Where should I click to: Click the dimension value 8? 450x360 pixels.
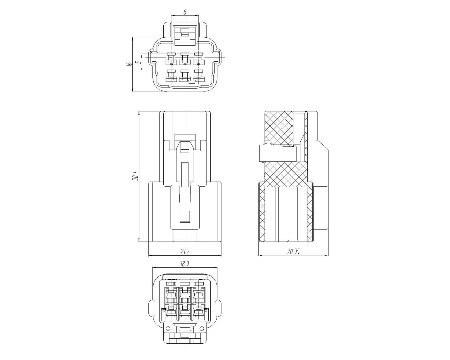point(185,12)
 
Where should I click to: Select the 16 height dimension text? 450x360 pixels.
point(129,64)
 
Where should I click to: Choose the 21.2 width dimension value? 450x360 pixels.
point(185,252)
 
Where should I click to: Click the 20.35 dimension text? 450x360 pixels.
point(293,252)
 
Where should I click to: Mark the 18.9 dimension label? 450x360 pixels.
point(185,264)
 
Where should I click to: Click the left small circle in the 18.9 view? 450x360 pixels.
point(167,328)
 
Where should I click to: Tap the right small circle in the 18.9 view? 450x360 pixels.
point(202,328)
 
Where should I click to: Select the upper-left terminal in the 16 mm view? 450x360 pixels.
point(171,59)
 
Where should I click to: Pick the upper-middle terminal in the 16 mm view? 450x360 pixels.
point(185,59)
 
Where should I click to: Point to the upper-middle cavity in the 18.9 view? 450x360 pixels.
point(185,296)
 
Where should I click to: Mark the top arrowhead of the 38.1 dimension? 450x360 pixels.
point(139,113)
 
